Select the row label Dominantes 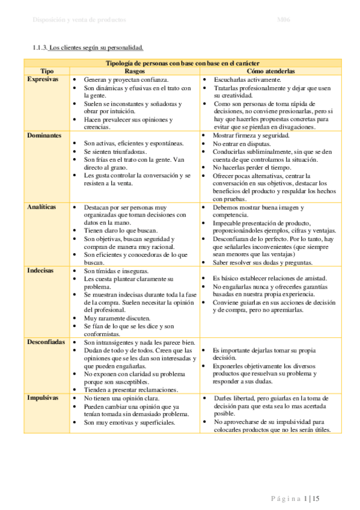click(x=44, y=136)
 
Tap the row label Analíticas click(x=42, y=206)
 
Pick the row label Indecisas click(x=40, y=271)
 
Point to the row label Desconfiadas click(x=46, y=341)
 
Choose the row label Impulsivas click(x=42, y=398)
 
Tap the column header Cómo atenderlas click(x=270, y=71)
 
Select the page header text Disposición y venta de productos click(x=79, y=20)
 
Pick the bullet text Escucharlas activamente click(x=247, y=80)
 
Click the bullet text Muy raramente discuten click(x=117, y=318)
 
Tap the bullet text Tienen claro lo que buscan click(x=121, y=230)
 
